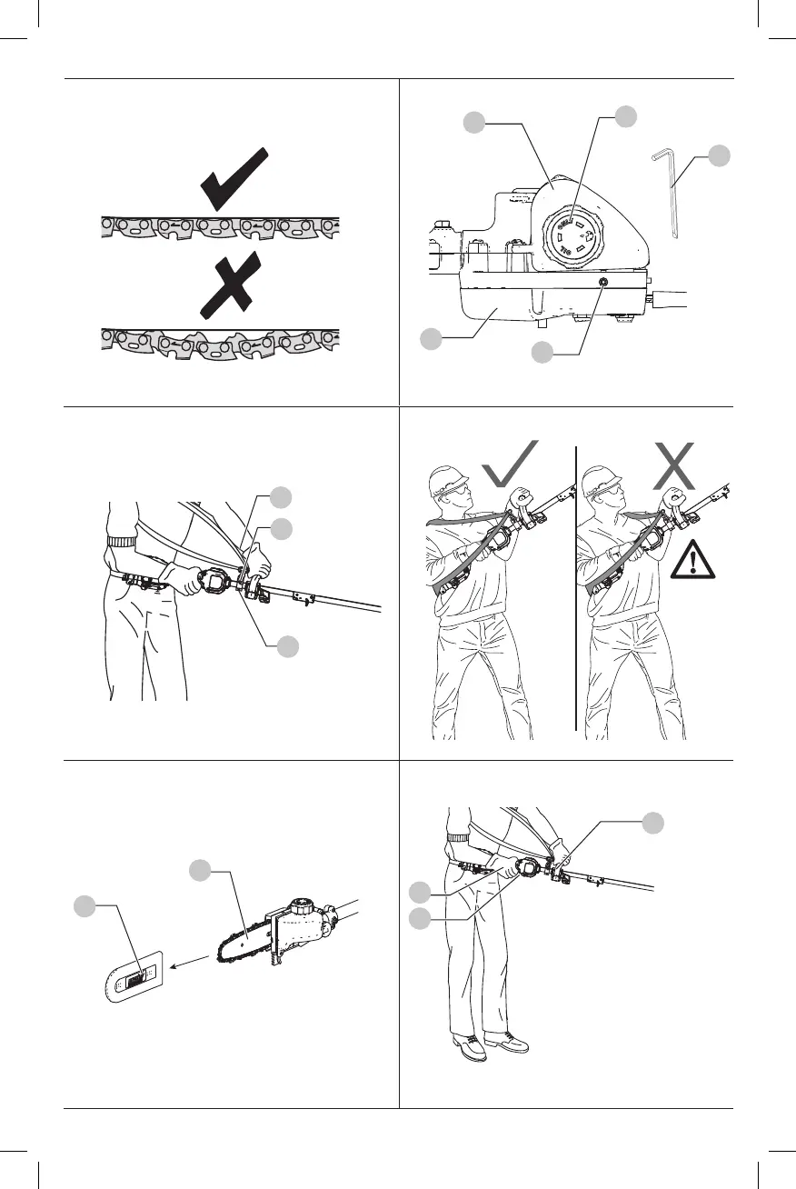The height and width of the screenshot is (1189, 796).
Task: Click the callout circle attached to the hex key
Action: coord(719,155)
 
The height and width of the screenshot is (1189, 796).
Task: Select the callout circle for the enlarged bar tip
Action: coord(85,906)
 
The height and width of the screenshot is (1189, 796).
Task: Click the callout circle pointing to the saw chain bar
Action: coord(201,871)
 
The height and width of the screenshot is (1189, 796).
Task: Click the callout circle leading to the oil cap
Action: coord(626,115)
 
